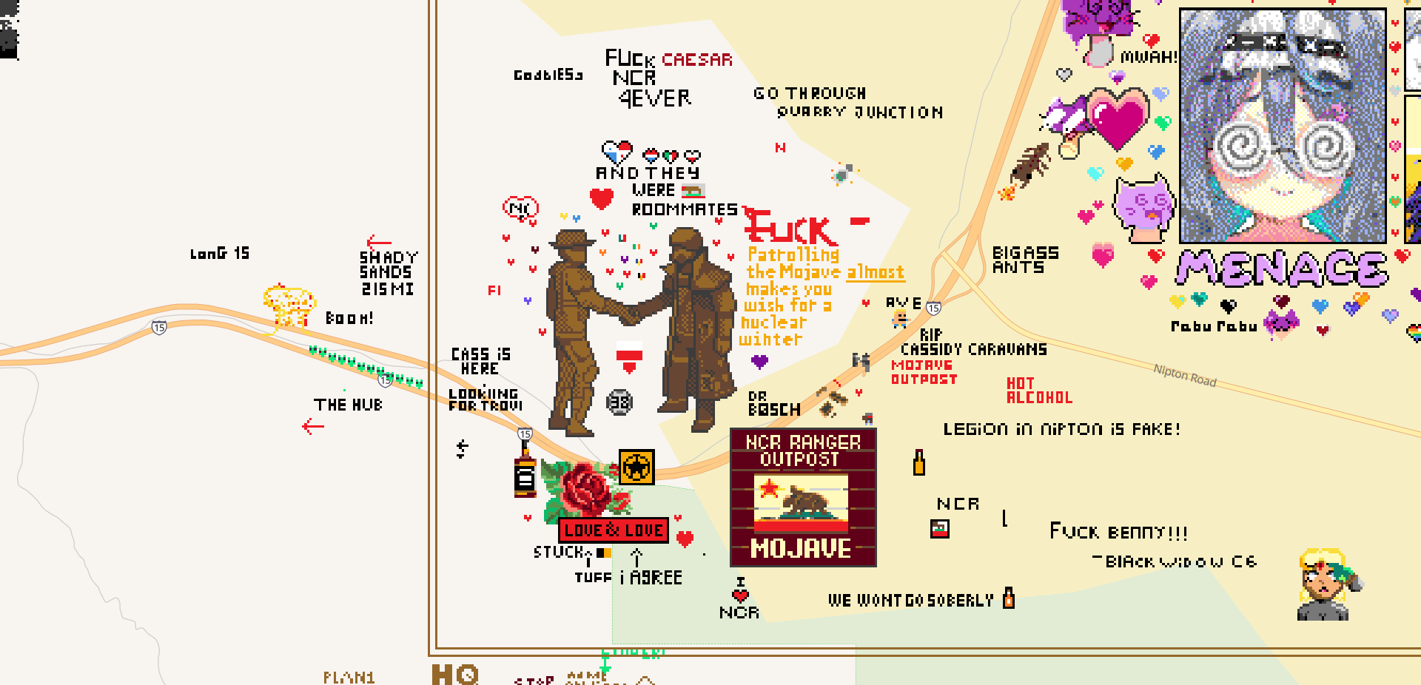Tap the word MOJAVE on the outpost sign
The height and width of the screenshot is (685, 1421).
coord(802,548)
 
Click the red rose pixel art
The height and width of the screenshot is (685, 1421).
coord(585,489)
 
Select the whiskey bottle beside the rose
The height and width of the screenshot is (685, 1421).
coord(525,474)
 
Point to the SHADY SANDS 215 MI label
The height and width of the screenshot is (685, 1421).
coord(388,273)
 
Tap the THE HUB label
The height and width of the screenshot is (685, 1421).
coord(348,405)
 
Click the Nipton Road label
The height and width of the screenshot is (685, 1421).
coord(1185,375)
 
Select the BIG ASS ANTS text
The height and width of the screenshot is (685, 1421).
coord(1024,260)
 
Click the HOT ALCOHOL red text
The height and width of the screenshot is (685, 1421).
coord(1038,390)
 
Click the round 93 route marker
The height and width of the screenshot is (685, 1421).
coord(619,402)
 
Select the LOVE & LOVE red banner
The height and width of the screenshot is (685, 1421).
coord(614,530)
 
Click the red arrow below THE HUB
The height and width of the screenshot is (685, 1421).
coord(313,426)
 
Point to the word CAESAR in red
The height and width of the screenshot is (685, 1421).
coord(697,60)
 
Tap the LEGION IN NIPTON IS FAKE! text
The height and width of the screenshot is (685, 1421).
coord(1061,429)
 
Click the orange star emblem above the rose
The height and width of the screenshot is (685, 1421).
coord(636,467)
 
